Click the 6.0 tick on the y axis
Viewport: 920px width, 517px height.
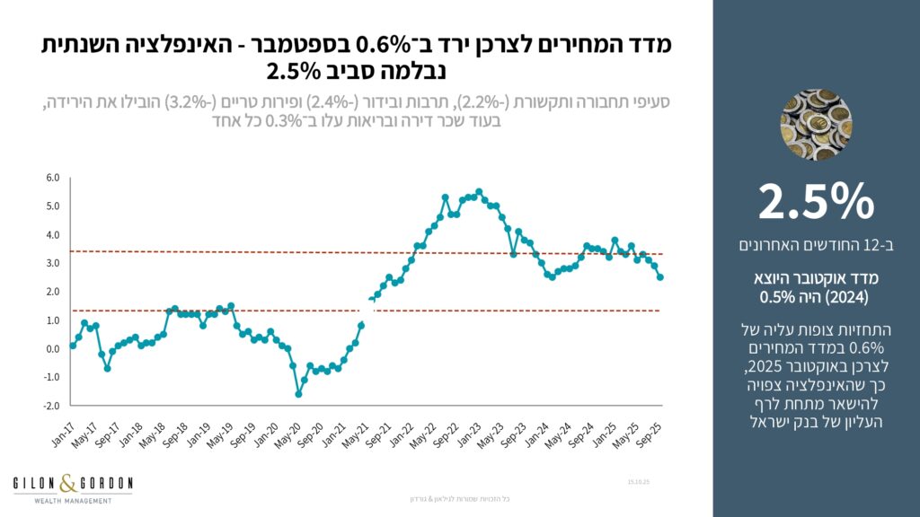[52, 178]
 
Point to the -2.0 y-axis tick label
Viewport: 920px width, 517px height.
[50, 406]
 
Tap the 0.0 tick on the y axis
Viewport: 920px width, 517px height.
[52, 349]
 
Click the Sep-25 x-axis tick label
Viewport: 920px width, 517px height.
[650, 426]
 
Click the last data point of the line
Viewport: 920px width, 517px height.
[661, 277]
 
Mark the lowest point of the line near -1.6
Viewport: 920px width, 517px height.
[298, 394]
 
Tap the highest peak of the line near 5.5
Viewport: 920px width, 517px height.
[479, 191]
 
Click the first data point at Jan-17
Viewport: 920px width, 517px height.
[73, 346]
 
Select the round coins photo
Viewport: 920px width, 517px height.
[816, 125]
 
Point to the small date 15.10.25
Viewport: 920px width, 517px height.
[639, 483]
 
